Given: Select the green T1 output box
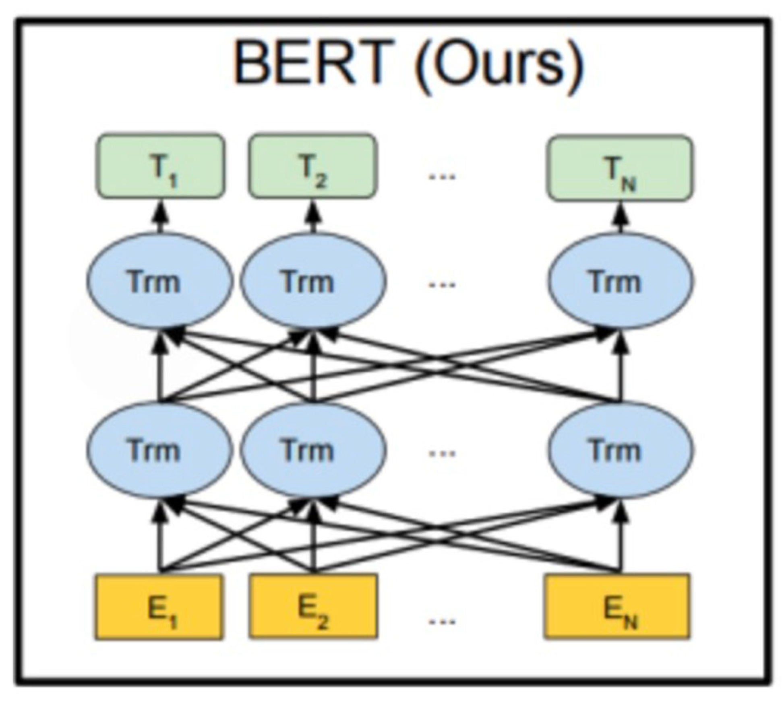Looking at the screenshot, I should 160,166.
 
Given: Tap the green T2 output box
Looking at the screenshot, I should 312,166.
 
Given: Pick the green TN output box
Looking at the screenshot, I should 621,168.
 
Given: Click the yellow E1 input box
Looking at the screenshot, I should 158,607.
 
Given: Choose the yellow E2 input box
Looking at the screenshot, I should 313,607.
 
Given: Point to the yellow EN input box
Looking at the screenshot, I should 616,607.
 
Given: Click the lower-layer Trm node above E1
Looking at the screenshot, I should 160,450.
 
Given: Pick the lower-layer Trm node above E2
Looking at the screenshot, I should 313,450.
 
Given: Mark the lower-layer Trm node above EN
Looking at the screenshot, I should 621,450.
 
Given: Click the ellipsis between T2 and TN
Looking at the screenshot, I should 441,176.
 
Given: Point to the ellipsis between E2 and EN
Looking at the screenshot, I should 441,622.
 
